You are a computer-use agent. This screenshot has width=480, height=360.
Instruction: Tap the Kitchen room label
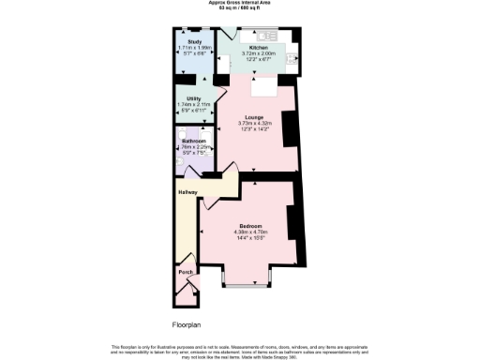[x=258, y=47]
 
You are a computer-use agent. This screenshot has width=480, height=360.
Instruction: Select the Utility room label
[x=194, y=97]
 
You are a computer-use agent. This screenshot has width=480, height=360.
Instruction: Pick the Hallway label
[x=187, y=193]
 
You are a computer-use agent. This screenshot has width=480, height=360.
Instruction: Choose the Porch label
[x=184, y=275]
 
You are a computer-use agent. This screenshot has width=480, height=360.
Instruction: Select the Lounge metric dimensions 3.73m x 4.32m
[x=253, y=124]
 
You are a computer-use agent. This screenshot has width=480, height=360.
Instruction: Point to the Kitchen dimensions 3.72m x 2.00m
[x=258, y=52]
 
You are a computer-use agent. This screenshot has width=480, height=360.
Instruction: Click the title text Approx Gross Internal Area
[x=240, y=5]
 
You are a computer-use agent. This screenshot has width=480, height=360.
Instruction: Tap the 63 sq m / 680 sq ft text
[x=240, y=9]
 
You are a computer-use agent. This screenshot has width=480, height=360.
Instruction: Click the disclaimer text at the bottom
[x=240, y=349]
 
